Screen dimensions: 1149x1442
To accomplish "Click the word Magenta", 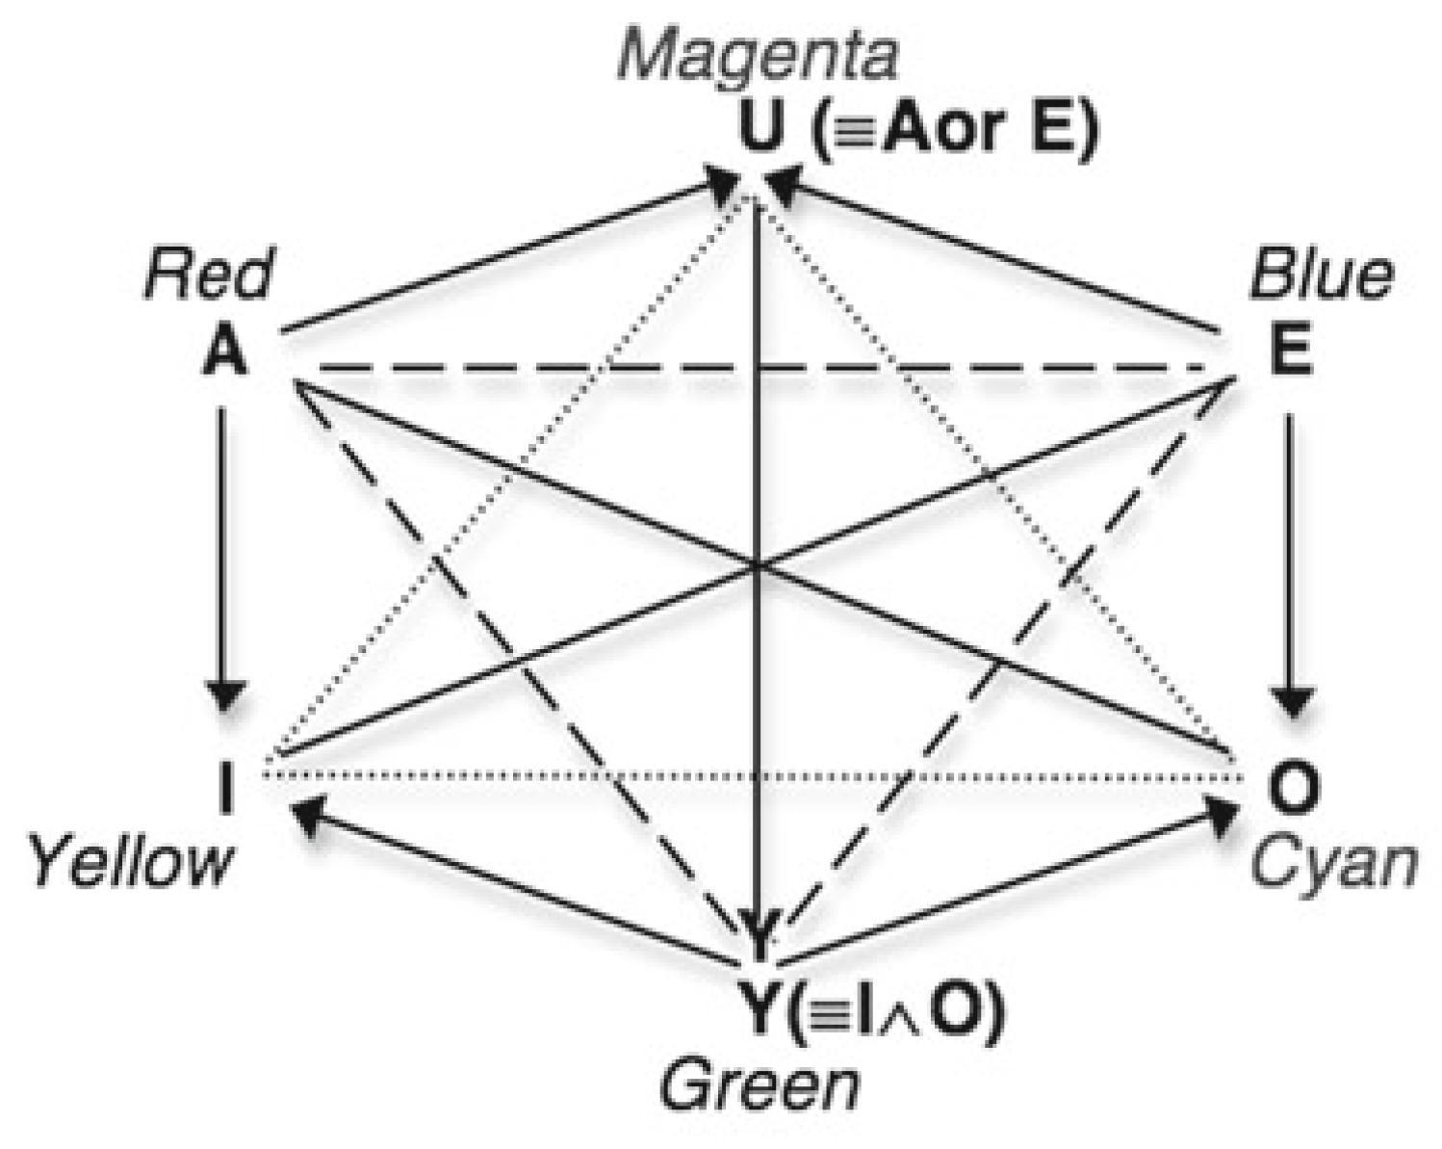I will click(x=758, y=56).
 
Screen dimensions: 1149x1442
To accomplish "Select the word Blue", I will click(x=1320, y=275).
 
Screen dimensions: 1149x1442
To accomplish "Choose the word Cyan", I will click(x=1334, y=863).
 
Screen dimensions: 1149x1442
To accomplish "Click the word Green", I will click(x=759, y=1085).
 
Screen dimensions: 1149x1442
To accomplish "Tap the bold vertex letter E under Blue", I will click(x=1290, y=353).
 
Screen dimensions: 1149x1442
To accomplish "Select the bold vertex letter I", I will click(x=226, y=791).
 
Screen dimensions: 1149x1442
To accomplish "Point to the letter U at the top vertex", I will click(x=760, y=130).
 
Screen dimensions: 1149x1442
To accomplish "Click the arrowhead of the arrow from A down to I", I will click(x=226, y=695).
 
